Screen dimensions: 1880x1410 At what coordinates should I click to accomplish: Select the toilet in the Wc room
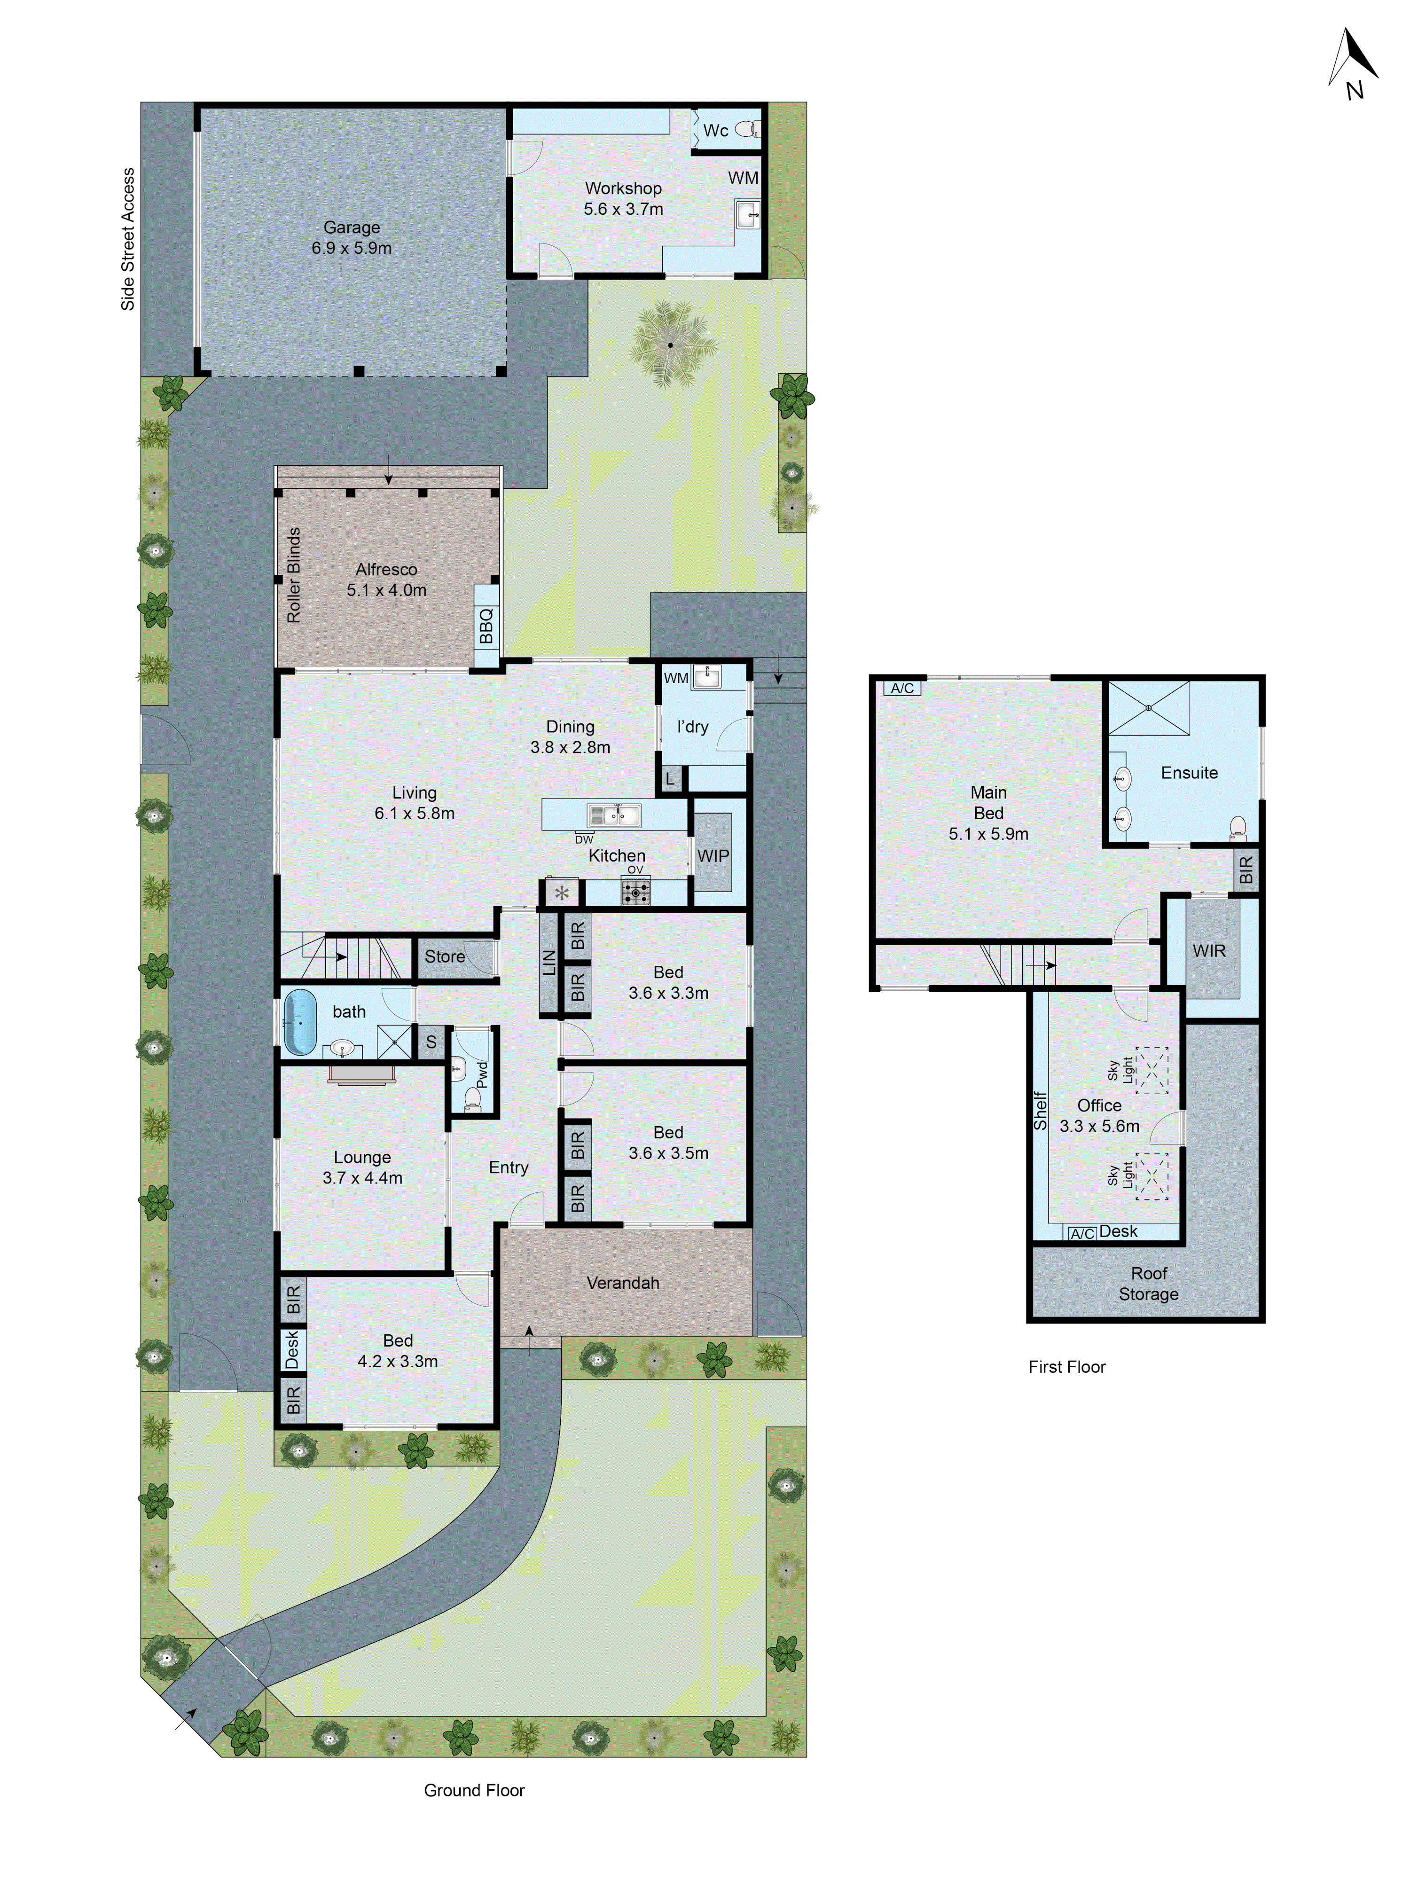[745, 129]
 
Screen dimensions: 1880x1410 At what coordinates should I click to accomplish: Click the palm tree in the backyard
[671, 344]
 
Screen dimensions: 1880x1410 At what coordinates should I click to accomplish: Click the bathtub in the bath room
[299, 1022]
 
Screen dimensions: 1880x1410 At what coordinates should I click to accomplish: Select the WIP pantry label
[713, 856]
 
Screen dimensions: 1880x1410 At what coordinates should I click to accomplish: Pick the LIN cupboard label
[549, 963]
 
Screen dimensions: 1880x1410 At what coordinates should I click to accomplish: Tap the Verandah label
[623, 1283]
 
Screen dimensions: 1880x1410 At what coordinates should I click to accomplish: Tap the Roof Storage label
[1148, 1284]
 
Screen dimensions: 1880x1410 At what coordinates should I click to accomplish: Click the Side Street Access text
[127, 239]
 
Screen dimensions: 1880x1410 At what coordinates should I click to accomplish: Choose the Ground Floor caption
[474, 1790]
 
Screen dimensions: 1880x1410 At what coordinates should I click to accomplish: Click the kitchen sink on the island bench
[614, 816]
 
